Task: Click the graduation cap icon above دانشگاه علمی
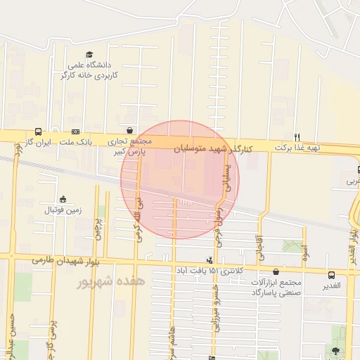[x=89, y=55]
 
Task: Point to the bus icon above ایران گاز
[x=37, y=131]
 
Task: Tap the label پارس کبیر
[x=129, y=150]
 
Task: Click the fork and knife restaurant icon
[x=297, y=136]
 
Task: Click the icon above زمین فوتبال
[x=63, y=199]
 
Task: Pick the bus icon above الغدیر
[x=331, y=274]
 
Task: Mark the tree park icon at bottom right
[x=335, y=350]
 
